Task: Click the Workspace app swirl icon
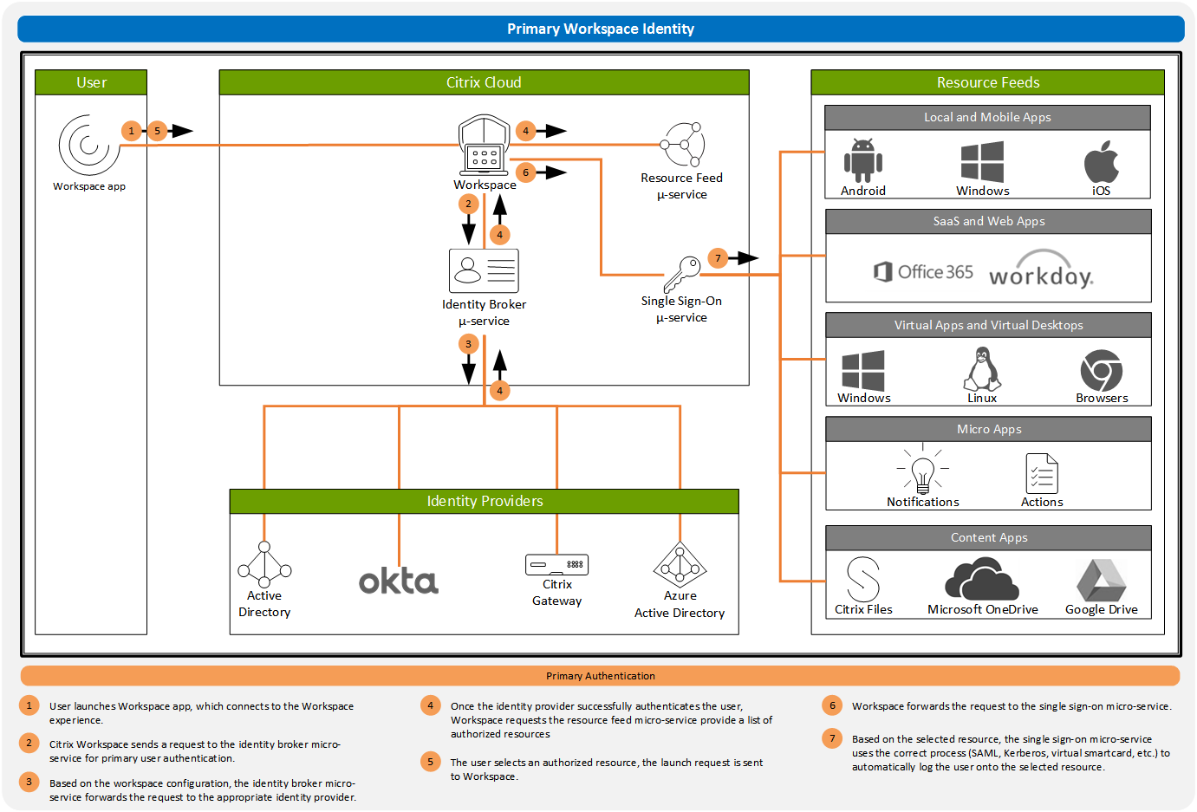coord(88,145)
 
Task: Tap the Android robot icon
coord(862,160)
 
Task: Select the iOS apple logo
coord(1101,161)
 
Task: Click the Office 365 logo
coord(923,272)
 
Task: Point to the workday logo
coord(1041,270)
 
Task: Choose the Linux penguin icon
coord(982,369)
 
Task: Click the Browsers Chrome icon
coord(1101,371)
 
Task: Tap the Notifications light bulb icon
coord(923,472)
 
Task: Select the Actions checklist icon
coord(1042,473)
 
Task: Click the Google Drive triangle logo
coord(1101,580)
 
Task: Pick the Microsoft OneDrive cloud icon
coord(982,579)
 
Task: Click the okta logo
coord(399,581)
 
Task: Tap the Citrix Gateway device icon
coord(556,565)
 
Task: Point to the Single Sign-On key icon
coord(682,275)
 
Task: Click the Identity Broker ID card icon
coord(484,270)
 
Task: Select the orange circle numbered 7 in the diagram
coord(718,258)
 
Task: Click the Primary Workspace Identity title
coord(601,29)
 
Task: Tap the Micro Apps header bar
coord(988,429)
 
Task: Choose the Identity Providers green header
coord(484,501)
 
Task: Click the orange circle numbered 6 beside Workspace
coord(525,172)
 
